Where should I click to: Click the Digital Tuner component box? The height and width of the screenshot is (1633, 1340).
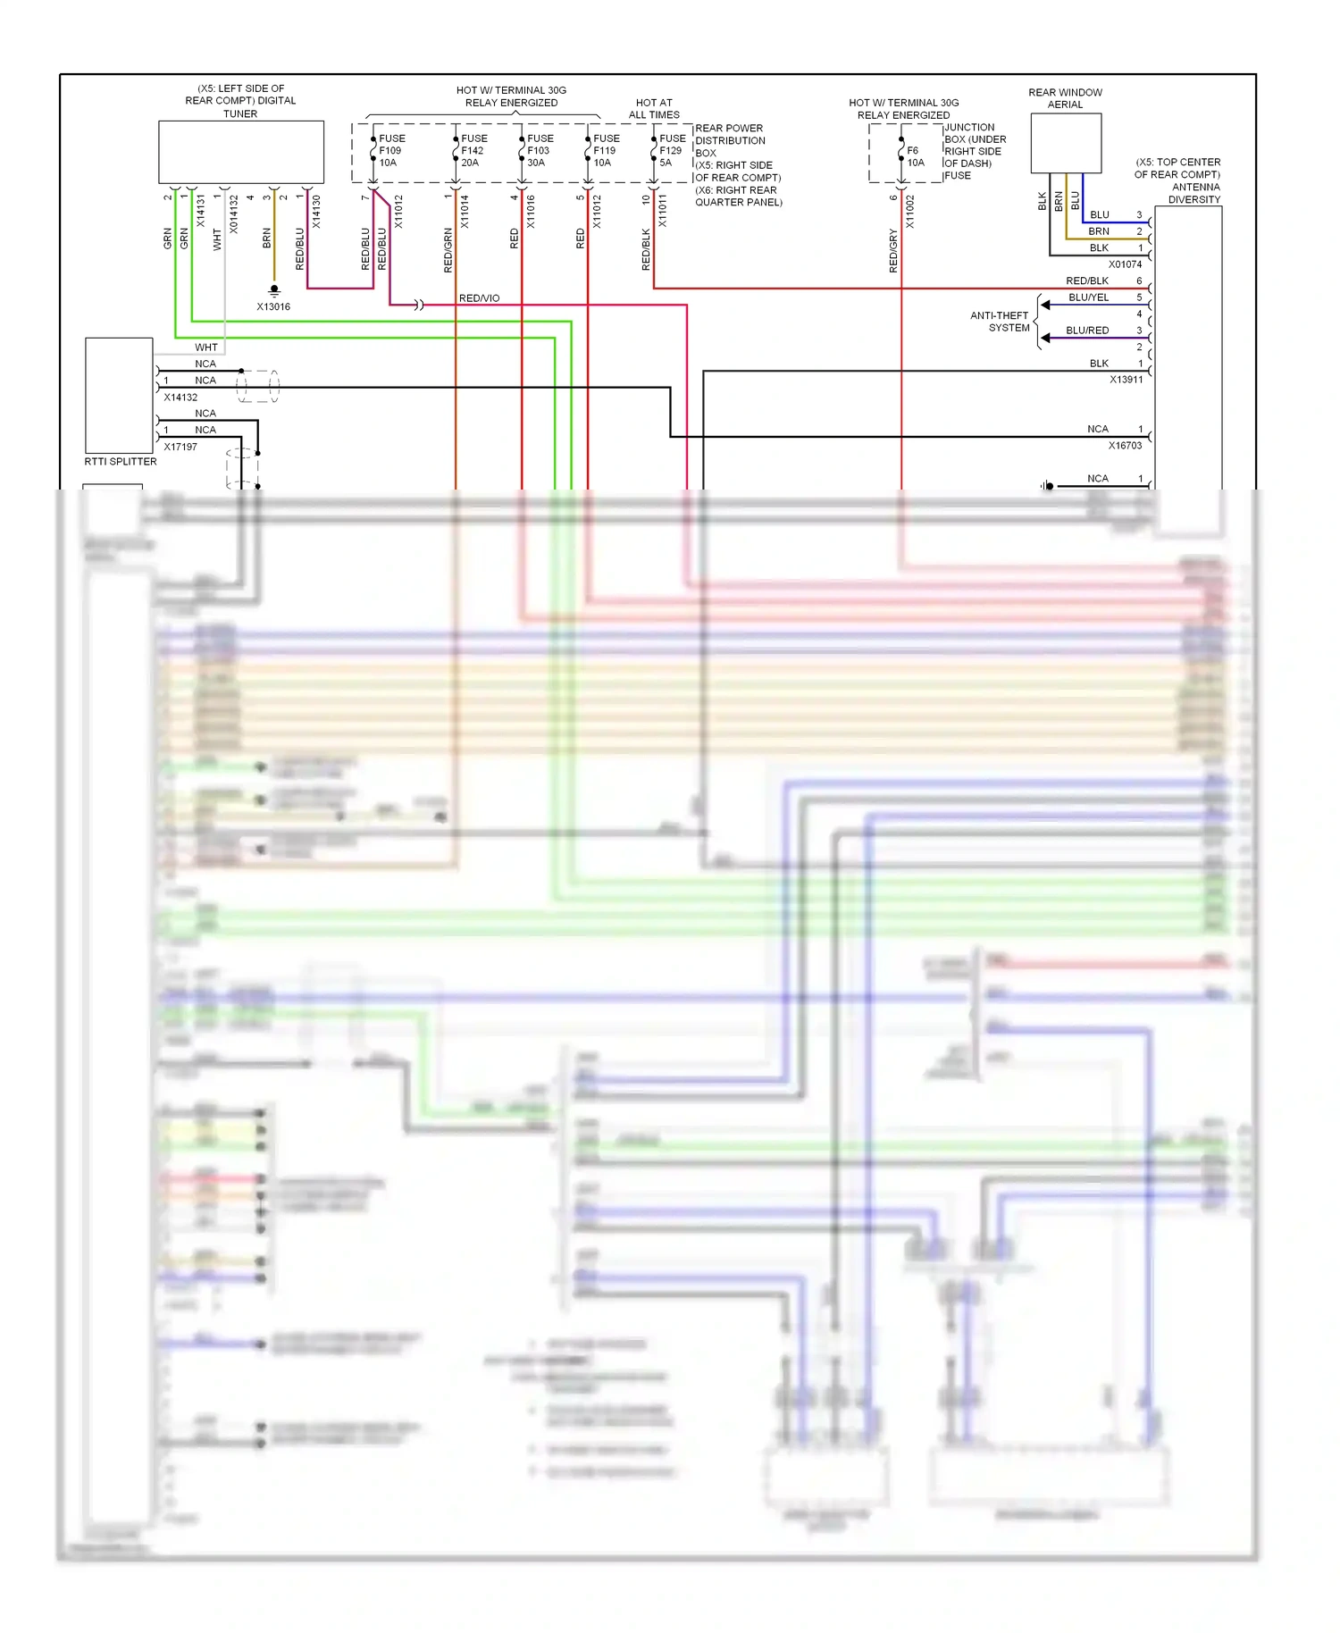pyautogui.click(x=241, y=152)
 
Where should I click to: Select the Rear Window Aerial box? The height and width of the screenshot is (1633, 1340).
pyautogui.click(x=1066, y=143)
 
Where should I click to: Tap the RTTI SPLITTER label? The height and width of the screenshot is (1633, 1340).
pyautogui.click(x=121, y=462)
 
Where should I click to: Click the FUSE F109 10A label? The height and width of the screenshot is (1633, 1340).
pyautogui.click(x=391, y=151)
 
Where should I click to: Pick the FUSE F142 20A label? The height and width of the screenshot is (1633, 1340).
pyautogui.click(x=473, y=151)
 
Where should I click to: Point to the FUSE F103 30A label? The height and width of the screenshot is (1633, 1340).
pyautogui.click(x=540, y=151)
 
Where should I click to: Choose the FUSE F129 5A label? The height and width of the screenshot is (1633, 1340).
pyautogui.click(x=672, y=151)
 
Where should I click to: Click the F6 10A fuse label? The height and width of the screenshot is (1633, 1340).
pyautogui.click(x=915, y=156)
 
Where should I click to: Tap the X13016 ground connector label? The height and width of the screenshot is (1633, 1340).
pyautogui.click(x=273, y=306)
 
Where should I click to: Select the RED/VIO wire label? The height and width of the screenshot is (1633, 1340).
pyautogui.click(x=479, y=298)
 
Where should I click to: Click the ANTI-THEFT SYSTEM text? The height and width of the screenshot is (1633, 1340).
pyautogui.click(x=1001, y=322)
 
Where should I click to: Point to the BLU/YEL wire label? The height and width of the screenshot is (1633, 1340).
pyautogui.click(x=1088, y=297)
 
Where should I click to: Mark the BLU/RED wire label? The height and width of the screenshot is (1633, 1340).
pyautogui.click(x=1087, y=331)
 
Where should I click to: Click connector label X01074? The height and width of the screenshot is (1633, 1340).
pyautogui.click(x=1125, y=264)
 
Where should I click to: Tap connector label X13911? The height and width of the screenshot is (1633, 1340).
pyautogui.click(x=1126, y=380)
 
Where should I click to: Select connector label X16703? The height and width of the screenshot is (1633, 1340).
pyautogui.click(x=1125, y=446)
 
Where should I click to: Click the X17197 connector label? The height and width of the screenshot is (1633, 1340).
pyautogui.click(x=180, y=447)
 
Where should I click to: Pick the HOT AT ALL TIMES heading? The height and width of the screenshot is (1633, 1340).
pyautogui.click(x=654, y=109)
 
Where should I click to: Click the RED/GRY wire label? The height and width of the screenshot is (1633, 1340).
pyautogui.click(x=893, y=250)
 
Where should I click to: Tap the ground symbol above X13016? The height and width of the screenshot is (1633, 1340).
pyautogui.click(x=274, y=290)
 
